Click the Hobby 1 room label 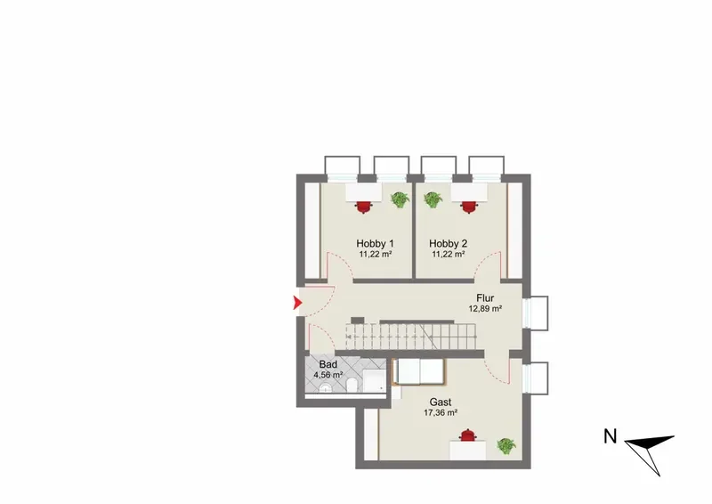(375, 244)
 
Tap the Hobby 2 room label (449, 244)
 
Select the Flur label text (485, 298)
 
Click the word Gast (441, 402)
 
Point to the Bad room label (328, 364)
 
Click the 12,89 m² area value (485, 309)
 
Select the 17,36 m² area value (441, 413)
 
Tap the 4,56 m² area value (328, 376)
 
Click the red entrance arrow (297, 303)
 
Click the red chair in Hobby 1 (363, 207)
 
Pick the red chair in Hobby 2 (469, 207)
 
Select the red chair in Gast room (468, 435)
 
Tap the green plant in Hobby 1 (400, 199)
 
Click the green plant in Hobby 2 (433, 199)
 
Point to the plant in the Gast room (506, 446)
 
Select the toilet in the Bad (351, 386)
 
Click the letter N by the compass (611, 436)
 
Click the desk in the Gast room (468, 451)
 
